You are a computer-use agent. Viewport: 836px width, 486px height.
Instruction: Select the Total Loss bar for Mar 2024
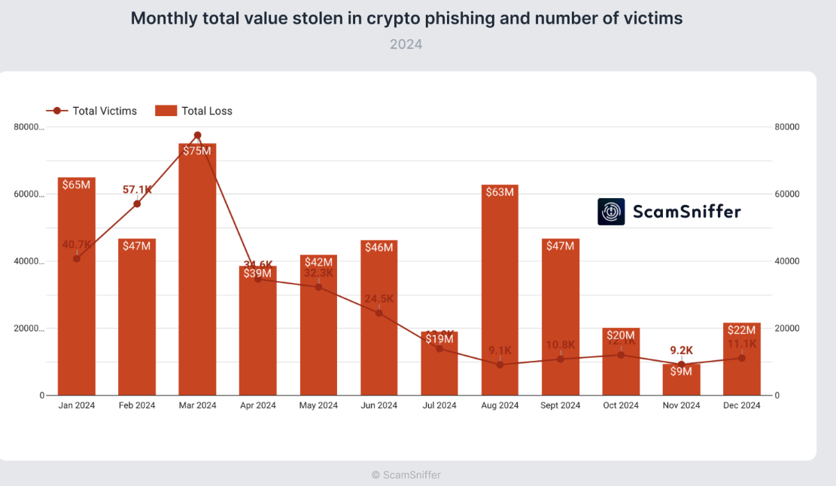click(x=197, y=271)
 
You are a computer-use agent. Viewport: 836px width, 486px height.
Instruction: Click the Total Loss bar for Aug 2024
click(x=500, y=294)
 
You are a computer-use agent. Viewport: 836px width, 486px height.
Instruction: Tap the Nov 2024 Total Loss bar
click(x=681, y=381)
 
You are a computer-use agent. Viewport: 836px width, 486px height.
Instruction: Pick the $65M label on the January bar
click(x=77, y=185)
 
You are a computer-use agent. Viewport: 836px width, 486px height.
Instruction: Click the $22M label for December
click(x=742, y=330)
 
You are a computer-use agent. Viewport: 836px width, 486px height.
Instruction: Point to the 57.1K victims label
click(x=138, y=190)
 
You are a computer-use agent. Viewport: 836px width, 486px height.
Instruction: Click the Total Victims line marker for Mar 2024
click(x=198, y=136)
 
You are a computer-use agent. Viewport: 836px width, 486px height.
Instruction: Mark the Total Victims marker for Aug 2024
click(x=500, y=365)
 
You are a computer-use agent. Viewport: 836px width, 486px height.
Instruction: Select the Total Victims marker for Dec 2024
click(x=742, y=358)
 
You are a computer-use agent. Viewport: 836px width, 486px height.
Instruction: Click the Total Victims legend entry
click(x=92, y=111)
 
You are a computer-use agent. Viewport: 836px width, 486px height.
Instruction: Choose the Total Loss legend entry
click(x=194, y=111)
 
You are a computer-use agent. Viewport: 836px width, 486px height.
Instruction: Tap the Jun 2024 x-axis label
click(x=378, y=405)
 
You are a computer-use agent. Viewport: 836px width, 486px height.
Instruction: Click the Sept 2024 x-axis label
click(x=561, y=405)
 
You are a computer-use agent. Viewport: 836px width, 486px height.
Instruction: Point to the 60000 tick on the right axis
click(x=786, y=194)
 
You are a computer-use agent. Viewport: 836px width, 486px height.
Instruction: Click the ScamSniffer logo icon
click(x=611, y=212)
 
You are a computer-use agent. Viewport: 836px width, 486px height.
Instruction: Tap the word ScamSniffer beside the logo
click(x=686, y=212)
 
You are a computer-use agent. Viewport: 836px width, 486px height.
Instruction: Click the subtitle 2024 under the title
click(x=406, y=44)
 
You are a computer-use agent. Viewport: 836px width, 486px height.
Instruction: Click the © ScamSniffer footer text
click(x=406, y=475)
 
